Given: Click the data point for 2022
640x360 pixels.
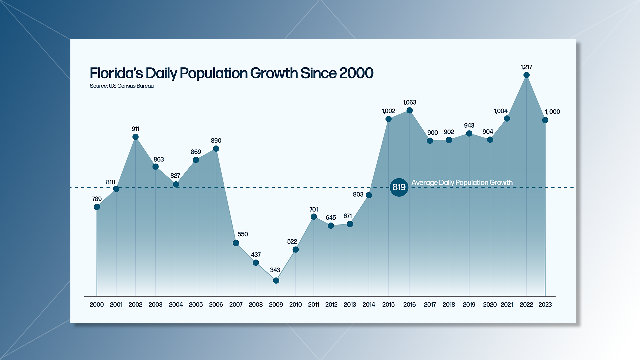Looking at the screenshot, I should point(526,75).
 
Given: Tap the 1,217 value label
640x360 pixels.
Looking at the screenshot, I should point(526,67).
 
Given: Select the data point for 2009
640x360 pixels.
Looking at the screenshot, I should point(276,281).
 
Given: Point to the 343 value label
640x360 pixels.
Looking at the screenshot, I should point(275,270).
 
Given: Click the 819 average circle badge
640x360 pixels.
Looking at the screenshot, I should point(399,187).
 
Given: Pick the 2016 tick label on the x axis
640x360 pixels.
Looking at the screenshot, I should point(409,305).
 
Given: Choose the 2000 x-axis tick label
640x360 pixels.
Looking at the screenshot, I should point(97,305).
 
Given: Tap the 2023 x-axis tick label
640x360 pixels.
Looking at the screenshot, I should point(545,305).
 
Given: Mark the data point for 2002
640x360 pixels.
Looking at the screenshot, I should point(135,137).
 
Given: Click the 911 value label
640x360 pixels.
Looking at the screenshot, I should point(135,129).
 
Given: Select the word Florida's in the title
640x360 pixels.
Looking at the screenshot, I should point(116,73).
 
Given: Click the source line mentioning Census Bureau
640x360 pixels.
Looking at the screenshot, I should point(122,86).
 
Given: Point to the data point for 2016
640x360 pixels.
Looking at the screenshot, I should point(410,110).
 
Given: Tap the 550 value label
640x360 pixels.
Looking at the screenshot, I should point(243,234).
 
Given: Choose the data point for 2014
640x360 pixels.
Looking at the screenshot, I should point(369,195).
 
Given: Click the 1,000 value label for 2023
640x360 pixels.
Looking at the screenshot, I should point(552,112).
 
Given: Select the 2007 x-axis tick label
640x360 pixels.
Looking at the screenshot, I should point(236,305).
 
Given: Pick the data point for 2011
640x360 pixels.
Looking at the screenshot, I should point(314,217).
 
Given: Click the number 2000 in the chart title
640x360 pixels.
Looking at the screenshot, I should point(356,73).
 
